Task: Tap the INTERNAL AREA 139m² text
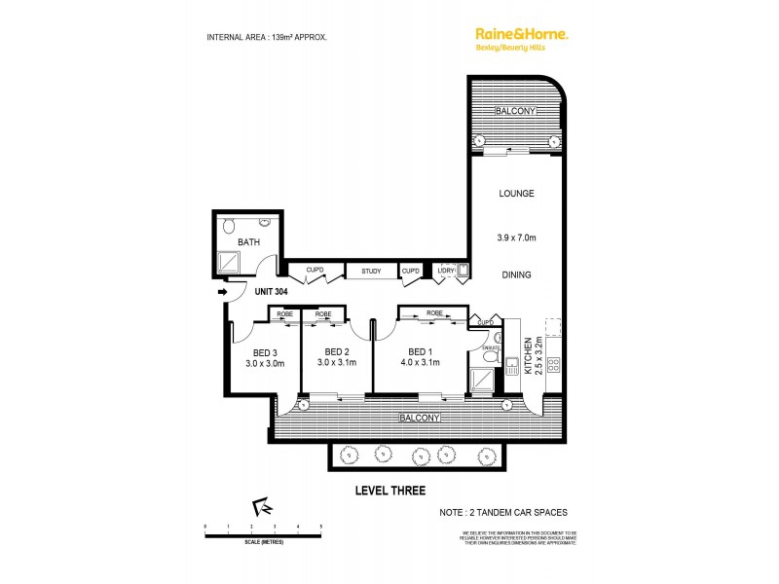[267, 37]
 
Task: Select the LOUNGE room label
[516, 194]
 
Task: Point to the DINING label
[516, 275]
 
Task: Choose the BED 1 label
[420, 351]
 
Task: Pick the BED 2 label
[337, 351]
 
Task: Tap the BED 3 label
[266, 351]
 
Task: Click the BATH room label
[248, 242]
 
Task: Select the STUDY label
[370, 272]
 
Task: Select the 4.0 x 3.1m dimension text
[420, 363]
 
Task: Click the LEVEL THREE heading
[389, 491]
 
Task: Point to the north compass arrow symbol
[262, 507]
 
